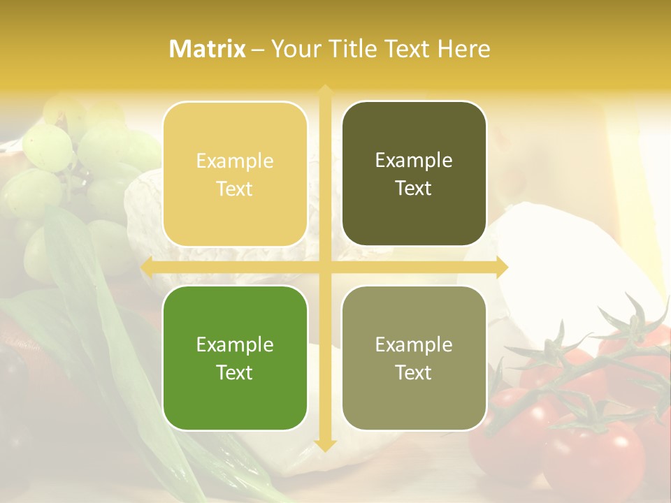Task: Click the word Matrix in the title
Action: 208,49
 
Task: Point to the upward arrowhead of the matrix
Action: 325,91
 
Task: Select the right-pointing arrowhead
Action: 501,267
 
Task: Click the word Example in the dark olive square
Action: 414,161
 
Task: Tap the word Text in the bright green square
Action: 235,372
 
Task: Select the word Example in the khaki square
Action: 414,344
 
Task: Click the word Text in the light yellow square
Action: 235,189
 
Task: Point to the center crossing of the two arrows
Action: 325,267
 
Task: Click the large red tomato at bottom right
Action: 594,454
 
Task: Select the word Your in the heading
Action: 294,49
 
